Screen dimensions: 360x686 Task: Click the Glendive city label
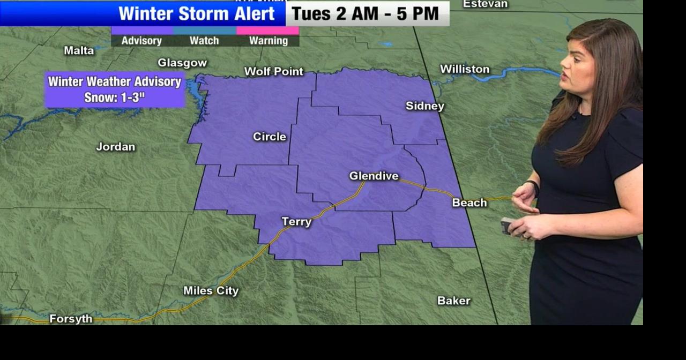pyautogui.click(x=374, y=176)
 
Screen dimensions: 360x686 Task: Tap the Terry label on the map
pyautogui.click(x=296, y=221)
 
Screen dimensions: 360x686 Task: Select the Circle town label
pyautogui.click(x=269, y=137)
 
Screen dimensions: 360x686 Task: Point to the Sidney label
pyautogui.click(x=424, y=106)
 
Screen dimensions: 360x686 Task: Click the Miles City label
pyautogui.click(x=211, y=291)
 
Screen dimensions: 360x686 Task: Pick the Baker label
pyautogui.click(x=453, y=301)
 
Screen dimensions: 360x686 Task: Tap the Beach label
pyautogui.click(x=469, y=202)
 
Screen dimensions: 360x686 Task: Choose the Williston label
pyautogui.click(x=464, y=69)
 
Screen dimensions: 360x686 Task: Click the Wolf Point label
pyautogui.click(x=273, y=71)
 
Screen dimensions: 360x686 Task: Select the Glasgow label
pyautogui.click(x=182, y=63)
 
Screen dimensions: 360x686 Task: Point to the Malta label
pyautogui.click(x=79, y=50)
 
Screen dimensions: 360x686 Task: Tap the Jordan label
pyautogui.click(x=115, y=146)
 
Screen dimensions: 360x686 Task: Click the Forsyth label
pyautogui.click(x=71, y=319)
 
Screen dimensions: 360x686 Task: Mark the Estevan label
pyautogui.click(x=484, y=4)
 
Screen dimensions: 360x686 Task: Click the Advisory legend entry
pyautogui.click(x=141, y=40)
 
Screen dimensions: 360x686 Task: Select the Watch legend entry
pyautogui.click(x=204, y=40)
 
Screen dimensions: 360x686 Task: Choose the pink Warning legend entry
pyautogui.click(x=268, y=40)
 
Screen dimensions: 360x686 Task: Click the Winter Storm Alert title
pyautogui.click(x=196, y=13)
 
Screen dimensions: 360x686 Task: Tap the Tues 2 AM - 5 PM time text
pyautogui.click(x=366, y=13)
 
